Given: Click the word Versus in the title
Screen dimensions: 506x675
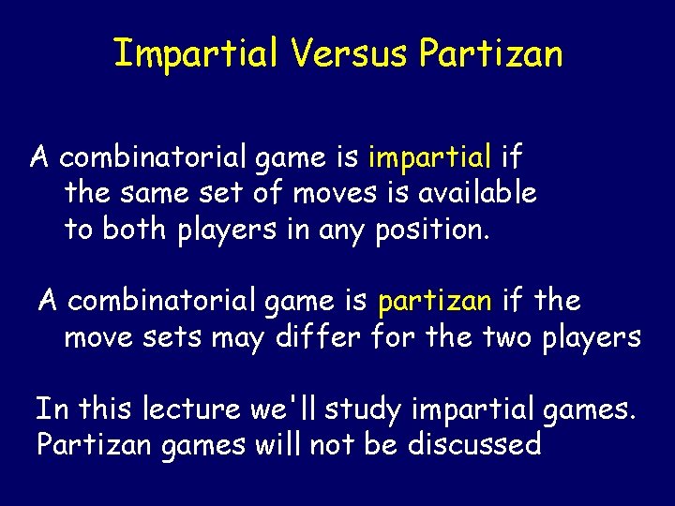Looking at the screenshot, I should (x=349, y=54).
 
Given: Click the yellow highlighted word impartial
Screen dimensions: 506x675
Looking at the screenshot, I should (x=430, y=156).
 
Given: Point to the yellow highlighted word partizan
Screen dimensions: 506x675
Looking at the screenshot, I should (x=434, y=302).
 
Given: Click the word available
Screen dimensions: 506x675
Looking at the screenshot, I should (x=478, y=193).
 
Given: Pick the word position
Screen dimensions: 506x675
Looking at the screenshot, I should (x=431, y=230).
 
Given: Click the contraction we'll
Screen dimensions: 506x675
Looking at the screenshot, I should (x=272, y=409).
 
